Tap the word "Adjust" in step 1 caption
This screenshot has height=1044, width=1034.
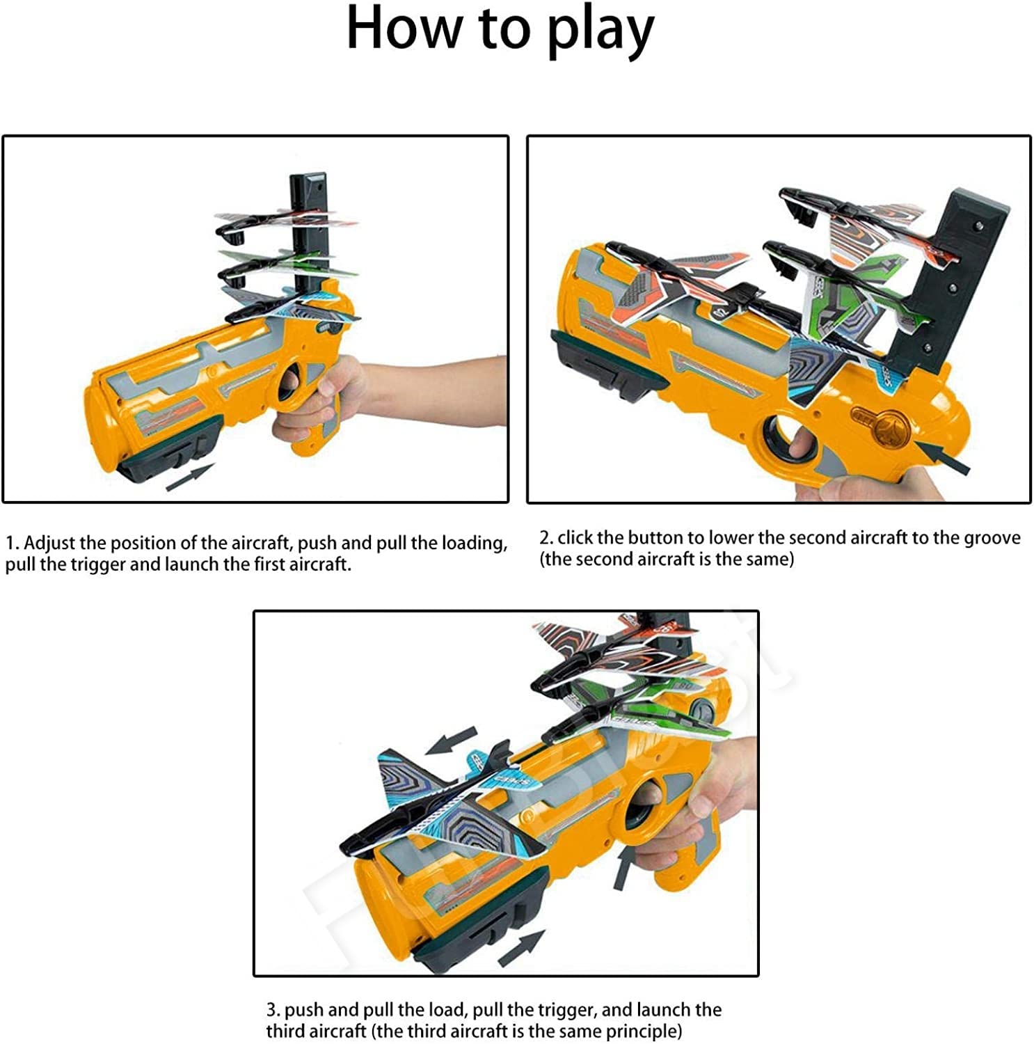pos(51,543)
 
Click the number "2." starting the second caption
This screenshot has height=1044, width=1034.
pos(546,538)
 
